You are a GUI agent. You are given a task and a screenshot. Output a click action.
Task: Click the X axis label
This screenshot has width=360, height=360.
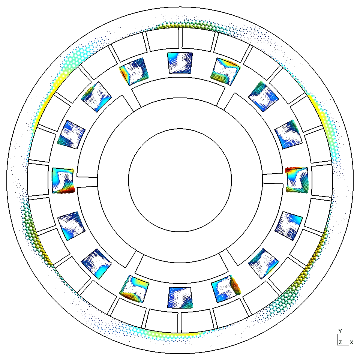(351, 342)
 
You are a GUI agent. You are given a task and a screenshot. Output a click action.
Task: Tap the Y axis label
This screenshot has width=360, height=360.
(340, 331)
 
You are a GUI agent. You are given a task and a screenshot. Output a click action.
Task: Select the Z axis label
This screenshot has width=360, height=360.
(340, 342)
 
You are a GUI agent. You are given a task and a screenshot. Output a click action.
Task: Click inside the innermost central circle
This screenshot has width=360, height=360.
(180, 180)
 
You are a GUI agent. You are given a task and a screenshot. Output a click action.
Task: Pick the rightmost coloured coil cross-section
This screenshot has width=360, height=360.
(297, 180)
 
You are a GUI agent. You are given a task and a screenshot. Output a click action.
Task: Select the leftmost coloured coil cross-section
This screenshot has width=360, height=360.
(63, 180)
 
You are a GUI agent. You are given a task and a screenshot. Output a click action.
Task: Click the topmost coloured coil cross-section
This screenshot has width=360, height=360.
(180, 63)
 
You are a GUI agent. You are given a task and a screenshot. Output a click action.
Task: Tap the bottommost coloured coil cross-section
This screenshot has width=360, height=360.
(180, 297)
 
